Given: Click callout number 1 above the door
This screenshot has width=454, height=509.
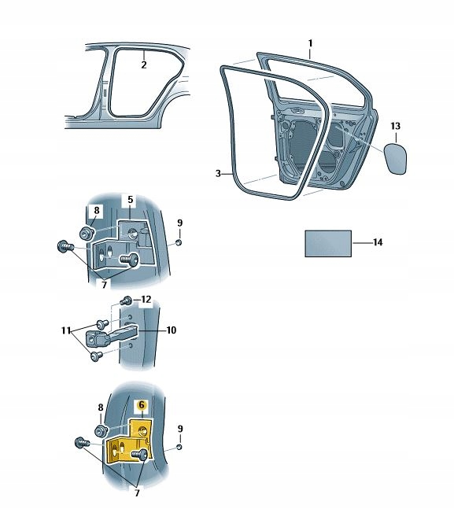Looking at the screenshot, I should pyautogui.click(x=310, y=42).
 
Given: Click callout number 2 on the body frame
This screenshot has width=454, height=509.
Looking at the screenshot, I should pyautogui.click(x=144, y=65).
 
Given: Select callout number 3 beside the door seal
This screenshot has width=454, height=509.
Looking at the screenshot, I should pyautogui.click(x=218, y=173).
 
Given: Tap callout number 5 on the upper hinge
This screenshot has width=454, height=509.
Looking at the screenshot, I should pyautogui.click(x=131, y=200).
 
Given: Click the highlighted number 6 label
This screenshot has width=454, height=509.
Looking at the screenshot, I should pyautogui.click(x=142, y=405).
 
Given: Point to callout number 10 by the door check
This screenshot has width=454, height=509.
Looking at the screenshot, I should pyautogui.click(x=172, y=330).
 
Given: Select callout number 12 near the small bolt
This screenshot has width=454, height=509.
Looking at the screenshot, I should pyautogui.click(x=145, y=299).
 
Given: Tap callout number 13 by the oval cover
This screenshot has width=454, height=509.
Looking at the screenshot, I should pyautogui.click(x=395, y=126).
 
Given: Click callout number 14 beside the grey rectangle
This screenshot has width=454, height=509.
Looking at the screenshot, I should pyautogui.click(x=378, y=243).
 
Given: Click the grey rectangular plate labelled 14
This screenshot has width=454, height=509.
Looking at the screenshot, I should pyautogui.click(x=328, y=243).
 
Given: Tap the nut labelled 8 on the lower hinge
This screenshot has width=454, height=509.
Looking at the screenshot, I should pyautogui.click(x=102, y=431).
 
